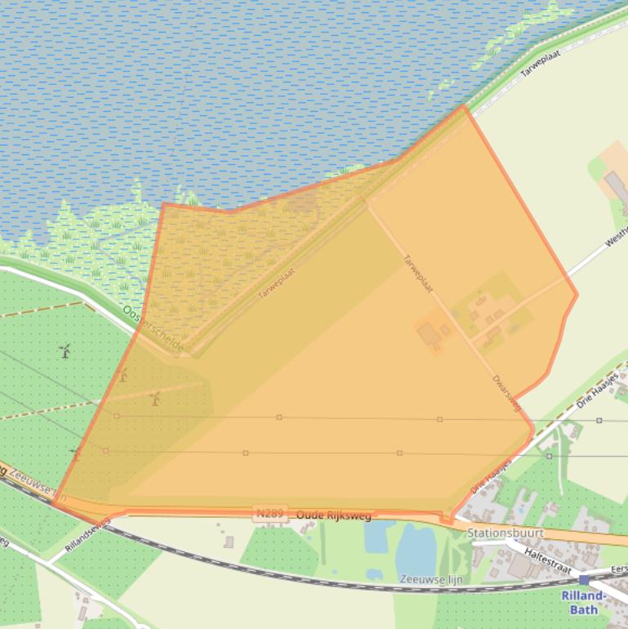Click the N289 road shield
(269, 514)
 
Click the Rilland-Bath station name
(584, 602)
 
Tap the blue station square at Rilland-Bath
(584, 579)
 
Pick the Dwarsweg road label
(506, 393)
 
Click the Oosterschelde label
(154, 329)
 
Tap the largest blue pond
(416, 549)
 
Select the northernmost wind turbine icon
(65, 351)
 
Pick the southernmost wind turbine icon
(76, 453)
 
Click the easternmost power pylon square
(599, 420)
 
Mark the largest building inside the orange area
(427, 334)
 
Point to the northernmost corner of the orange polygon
(464, 105)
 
